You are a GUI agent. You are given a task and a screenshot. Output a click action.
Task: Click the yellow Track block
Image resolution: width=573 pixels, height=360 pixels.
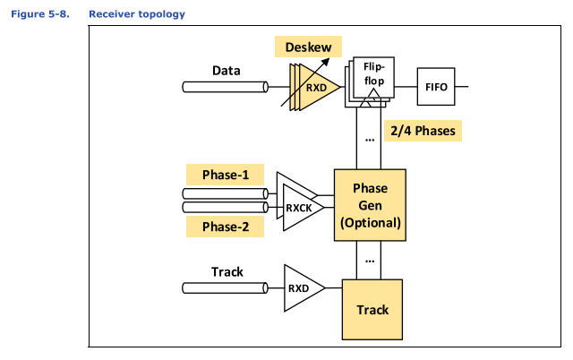pyautogui.click(x=373, y=310)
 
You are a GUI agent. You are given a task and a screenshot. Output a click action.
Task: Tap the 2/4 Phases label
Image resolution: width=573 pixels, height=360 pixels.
pyautogui.click(x=422, y=131)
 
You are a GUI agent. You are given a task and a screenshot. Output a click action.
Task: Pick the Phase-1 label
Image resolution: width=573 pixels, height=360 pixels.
pyautogui.click(x=224, y=174)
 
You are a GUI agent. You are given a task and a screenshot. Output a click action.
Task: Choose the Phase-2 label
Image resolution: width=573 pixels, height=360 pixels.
pyautogui.click(x=224, y=227)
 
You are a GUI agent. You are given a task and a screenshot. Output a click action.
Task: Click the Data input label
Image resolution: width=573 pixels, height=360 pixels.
pyautogui.click(x=226, y=70)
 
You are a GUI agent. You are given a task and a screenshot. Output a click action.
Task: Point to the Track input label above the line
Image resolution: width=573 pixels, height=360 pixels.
pyautogui.click(x=227, y=271)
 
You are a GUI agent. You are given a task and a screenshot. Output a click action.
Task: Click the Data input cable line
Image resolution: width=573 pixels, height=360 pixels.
pyautogui.click(x=225, y=87)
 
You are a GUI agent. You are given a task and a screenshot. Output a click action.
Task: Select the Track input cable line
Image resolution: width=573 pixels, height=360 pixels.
pyautogui.click(x=225, y=288)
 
